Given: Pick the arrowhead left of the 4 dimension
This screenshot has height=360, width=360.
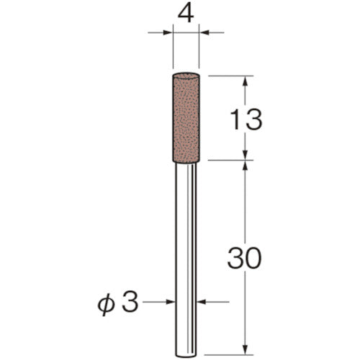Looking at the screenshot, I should coord(168,32).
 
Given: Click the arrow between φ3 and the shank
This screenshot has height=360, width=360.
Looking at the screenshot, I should coord(172,302).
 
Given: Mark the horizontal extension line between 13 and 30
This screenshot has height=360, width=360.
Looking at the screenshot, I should coord(230,161).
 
